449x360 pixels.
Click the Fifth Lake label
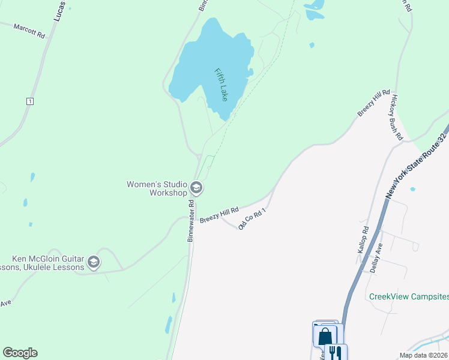pyautogui.click(x=221, y=85)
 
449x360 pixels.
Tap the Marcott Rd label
pyautogui.click(x=29, y=31)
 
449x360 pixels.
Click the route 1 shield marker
pyautogui.click(x=29, y=101)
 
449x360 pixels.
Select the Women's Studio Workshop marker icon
pyautogui.click(x=196, y=189)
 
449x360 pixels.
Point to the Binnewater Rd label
pyautogui.click(x=191, y=220)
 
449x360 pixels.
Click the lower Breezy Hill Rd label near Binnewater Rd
pyautogui.click(x=219, y=215)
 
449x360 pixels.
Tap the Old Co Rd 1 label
pyautogui.click(x=251, y=218)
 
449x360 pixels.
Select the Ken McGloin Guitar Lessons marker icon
pyautogui.click(x=93, y=262)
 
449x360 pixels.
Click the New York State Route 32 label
pyautogui.click(x=417, y=166)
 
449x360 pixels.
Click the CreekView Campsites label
pyautogui.click(x=408, y=296)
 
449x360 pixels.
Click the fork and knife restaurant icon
pyautogui.click(x=336, y=352)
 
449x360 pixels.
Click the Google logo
pyautogui.click(x=20, y=353)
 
